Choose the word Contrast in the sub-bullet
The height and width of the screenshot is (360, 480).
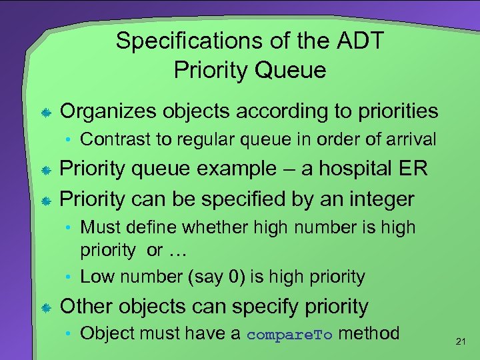tap(110, 139)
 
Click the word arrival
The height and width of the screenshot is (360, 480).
tap(411, 139)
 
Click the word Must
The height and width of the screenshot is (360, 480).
tap(97, 227)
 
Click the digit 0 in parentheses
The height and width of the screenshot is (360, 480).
tap(237, 276)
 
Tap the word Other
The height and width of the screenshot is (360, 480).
tap(89, 307)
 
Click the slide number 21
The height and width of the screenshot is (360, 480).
tap(459, 341)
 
